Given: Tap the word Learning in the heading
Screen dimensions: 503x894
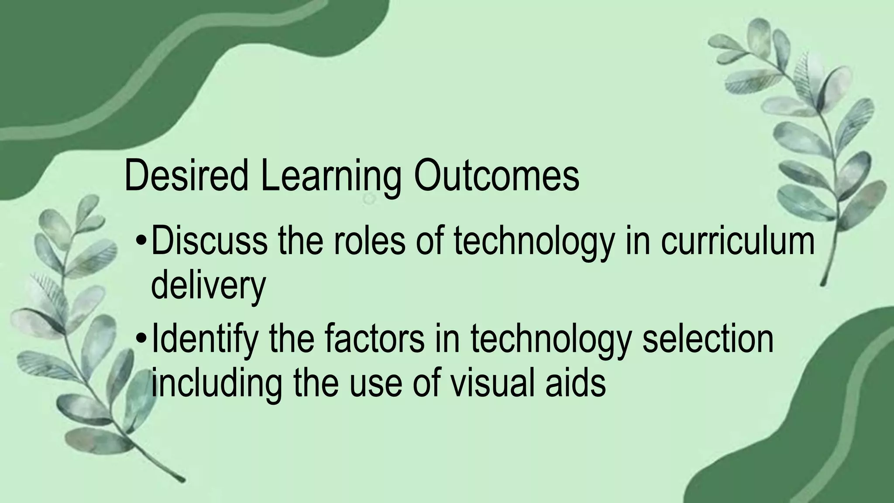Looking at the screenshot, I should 330,176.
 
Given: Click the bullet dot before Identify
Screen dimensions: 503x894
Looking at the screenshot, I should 141,338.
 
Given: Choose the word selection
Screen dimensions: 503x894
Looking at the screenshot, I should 708,338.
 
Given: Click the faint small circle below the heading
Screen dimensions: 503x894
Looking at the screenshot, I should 369,199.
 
